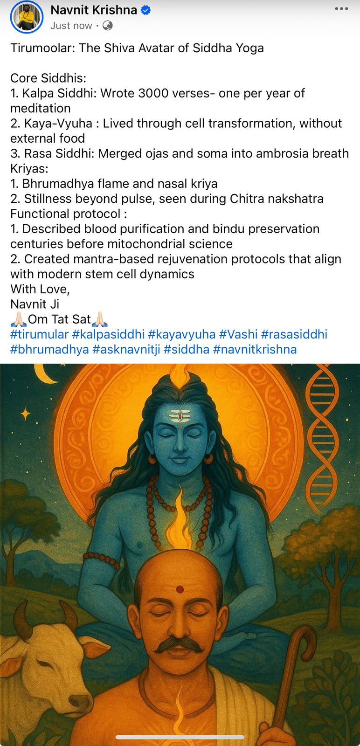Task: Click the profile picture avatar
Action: click(x=27, y=17)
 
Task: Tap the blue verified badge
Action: click(x=145, y=10)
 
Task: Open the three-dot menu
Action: click(x=341, y=9)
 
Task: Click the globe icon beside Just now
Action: click(x=107, y=26)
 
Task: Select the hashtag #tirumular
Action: click(x=39, y=334)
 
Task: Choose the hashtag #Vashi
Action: click(x=238, y=334)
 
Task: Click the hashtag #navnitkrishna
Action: click(x=255, y=349)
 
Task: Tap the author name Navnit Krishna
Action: click(x=94, y=10)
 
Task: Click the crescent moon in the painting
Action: click(x=44, y=375)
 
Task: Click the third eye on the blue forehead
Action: click(x=180, y=415)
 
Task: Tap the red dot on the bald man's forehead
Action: click(x=180, y=590)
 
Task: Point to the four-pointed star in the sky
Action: click(x=26, y=414)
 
